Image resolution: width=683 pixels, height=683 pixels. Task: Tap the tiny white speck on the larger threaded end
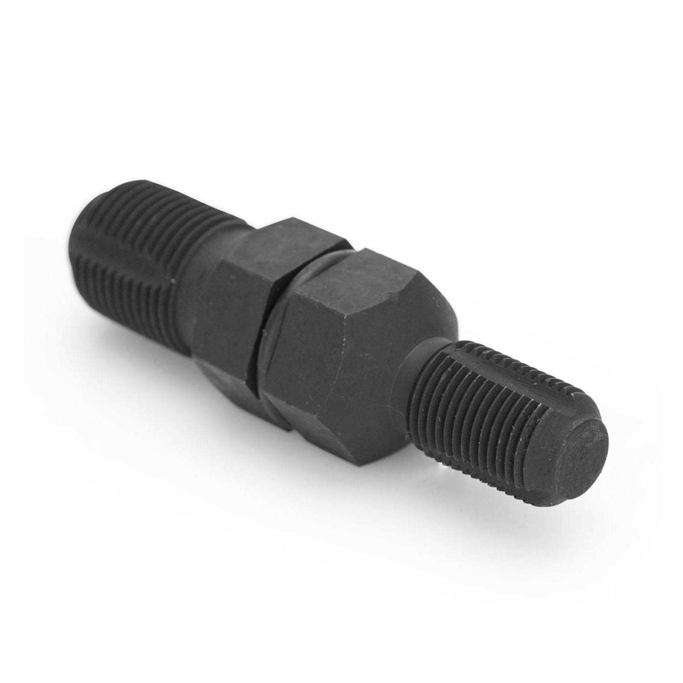coord(174,282)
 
